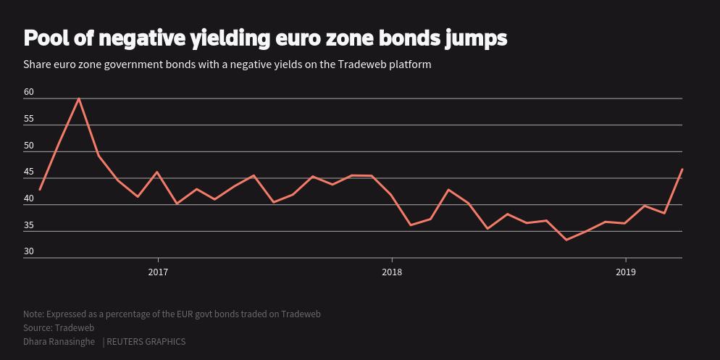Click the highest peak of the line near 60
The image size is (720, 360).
[79, 99]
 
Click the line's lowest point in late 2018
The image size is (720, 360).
[566, 240]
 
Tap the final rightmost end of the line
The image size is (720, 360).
[682, 169]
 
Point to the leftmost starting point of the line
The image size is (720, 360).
[40, 190]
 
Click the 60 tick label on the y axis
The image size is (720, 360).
[29, 92]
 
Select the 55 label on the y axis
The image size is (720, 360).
[29, 119]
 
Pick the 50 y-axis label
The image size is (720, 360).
[29, 146]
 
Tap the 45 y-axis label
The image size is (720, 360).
[29, 172]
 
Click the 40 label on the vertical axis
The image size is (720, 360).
[29, 199]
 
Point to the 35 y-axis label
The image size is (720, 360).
[29, 225]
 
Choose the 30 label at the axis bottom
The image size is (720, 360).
[29, 252]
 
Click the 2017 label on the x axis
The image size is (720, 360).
[158, 272]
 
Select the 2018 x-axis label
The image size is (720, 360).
[392, 272]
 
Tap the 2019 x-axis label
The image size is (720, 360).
[626, 272]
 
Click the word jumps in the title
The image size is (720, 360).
[476, 38]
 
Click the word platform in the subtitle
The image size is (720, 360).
[410, 64]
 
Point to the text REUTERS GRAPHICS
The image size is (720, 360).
[146, 342]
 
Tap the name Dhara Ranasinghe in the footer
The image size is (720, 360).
[59, 342]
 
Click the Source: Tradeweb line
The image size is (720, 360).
[59, 328]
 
